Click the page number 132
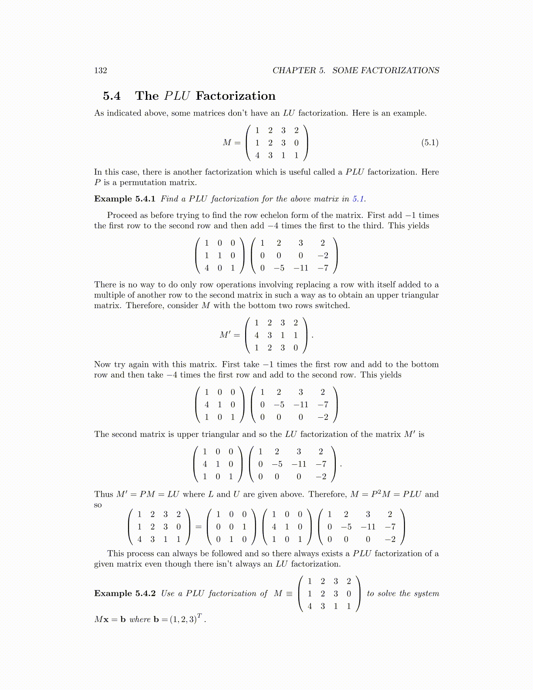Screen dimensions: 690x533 coord(101,71)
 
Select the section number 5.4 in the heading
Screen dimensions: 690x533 coord(112,96)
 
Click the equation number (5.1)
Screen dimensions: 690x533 coord(430,143)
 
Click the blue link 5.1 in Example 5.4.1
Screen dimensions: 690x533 coord(358,199)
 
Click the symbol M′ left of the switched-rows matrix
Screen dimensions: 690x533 coord(225,335)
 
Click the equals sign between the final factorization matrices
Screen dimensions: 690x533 coord(199,527)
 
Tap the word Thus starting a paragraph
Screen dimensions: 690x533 coord(104,494)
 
